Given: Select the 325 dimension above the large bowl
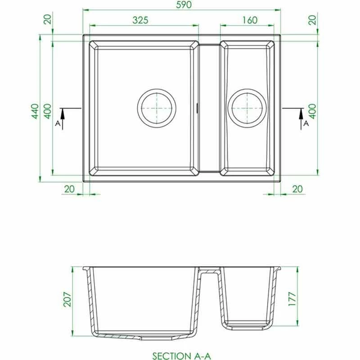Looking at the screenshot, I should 141,20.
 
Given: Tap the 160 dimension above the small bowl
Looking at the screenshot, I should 249,20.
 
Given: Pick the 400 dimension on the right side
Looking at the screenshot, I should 312,111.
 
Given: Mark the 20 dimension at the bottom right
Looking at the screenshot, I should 297,189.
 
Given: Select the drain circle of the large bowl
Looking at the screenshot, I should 157,108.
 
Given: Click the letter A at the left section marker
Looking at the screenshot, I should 57,122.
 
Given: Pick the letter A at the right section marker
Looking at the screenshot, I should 306,122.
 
